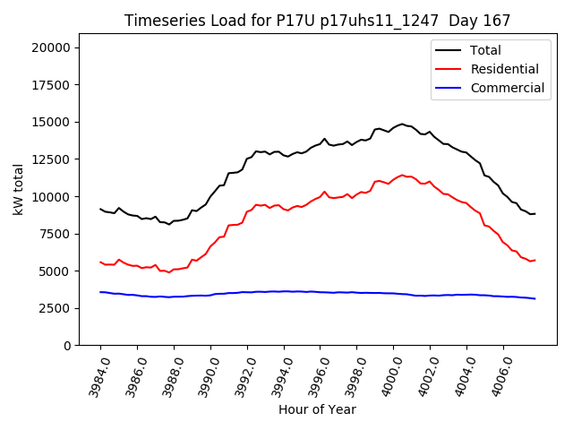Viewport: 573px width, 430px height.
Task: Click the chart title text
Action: coord(317,21)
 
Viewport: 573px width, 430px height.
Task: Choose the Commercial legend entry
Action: coord(507,88)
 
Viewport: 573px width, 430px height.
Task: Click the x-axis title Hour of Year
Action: coord(317,409)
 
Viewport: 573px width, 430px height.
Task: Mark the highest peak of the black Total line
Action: coord(402,124)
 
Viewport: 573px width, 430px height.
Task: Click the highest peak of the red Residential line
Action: coord(402,175)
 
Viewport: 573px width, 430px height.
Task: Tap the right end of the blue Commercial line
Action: coord(535,298)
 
